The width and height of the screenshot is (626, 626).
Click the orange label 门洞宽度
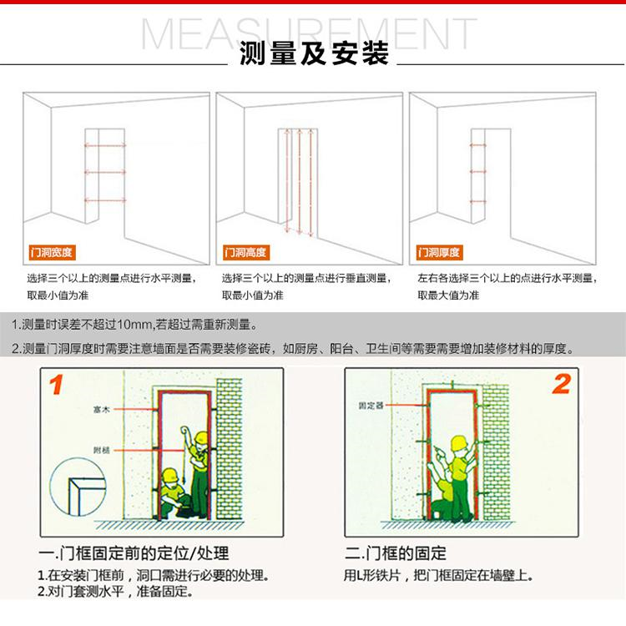coord(53,252)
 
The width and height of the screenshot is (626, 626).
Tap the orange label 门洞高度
coord(246,252)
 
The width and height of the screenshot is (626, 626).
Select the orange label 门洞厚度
coord(440,252)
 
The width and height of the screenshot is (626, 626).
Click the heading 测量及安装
coord(314,53)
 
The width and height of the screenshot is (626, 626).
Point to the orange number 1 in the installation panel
coord(56,384)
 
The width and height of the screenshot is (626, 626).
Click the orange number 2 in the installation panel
coord(562,384)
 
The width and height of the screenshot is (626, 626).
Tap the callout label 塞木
coord(101,410)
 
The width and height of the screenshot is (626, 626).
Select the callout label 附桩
coord(101,451)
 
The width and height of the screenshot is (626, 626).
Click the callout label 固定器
coord(371,406)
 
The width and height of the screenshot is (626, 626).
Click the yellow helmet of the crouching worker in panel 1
coord(170,475)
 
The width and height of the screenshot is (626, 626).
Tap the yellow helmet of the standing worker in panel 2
coord(459,442)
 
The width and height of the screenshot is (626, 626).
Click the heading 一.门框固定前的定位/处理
coord(134,553)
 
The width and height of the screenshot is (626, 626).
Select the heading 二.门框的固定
coord(396,553)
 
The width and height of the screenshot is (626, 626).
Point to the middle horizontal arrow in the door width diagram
coord(105,172)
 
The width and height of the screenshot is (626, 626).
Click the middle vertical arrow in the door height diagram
coord(299,180)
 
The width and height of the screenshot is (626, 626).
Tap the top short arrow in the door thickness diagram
coord(478,145)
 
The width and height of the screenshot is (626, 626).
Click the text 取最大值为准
coord(448,295)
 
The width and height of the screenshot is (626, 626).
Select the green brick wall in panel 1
coord(230,449)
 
